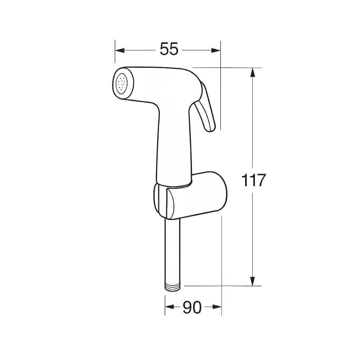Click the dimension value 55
169,49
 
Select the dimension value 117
253,180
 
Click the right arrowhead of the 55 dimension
216,50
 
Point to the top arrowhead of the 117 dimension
253,72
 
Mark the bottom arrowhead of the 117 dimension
253,281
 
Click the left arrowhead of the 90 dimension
169,307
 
